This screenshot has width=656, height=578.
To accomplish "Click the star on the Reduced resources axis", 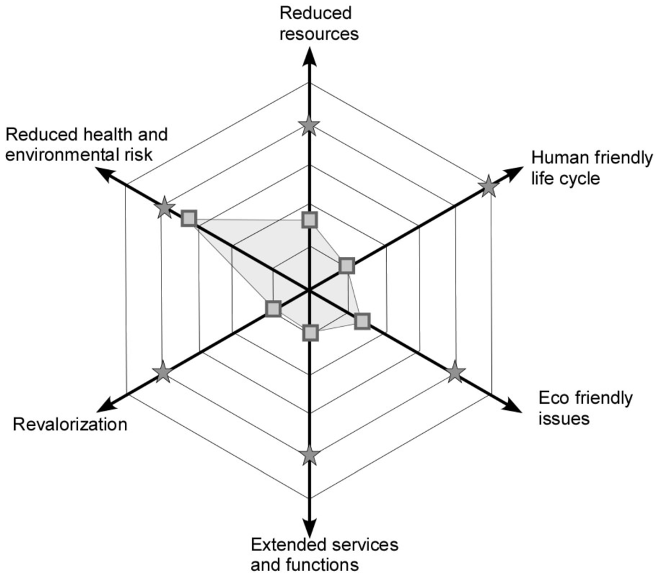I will click(309, 126).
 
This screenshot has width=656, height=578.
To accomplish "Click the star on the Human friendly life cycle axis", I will click(489, 186).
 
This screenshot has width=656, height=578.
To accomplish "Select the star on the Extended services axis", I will click(309, 456).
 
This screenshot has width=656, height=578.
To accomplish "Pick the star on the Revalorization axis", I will click(163, 372).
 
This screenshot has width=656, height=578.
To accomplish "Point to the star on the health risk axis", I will click(165, 207).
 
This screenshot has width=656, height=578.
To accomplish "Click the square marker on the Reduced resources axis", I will click(309, 220).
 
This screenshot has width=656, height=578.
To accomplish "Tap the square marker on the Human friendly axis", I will click(346, 265).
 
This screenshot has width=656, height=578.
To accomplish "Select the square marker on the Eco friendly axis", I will click(362, 321).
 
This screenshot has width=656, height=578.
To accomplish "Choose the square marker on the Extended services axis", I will click(310, 333).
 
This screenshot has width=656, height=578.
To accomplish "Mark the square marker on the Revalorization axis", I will click(274, 309).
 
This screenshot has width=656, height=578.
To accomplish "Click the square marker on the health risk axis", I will click(188, 218).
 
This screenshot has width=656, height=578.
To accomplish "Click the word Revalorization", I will click(70, 424).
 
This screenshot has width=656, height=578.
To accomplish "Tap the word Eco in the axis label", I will click(553, 399).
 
